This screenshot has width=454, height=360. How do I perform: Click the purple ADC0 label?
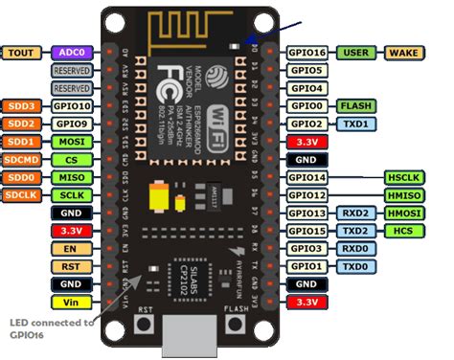(x=71, y=54)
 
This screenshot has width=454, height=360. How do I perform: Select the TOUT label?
(x=21, y=54)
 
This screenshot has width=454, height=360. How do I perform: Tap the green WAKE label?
(x=401, y=53)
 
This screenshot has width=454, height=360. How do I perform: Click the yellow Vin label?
(x=71, y=302)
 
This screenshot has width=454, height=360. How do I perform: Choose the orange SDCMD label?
(x=21, y=159)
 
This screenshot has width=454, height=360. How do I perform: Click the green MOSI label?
(x=71, y=142)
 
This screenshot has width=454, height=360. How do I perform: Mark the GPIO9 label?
(x=71, y=124)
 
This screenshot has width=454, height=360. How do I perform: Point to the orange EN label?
(x=71, y=248)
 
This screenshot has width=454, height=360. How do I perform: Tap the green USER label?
(x=355, y=53)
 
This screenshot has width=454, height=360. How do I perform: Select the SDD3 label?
(x=21, y=106)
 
